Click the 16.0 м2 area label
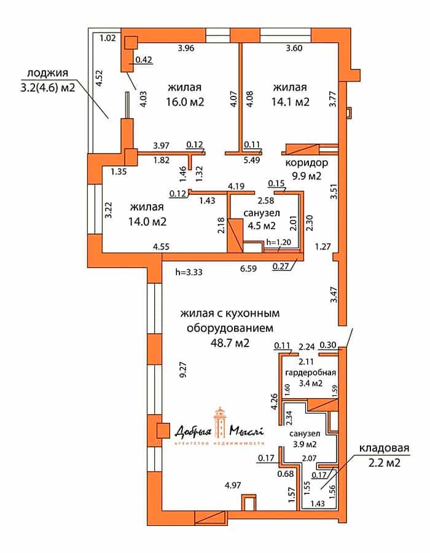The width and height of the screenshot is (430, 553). (x=186, y=102)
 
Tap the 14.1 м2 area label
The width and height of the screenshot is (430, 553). (x=291, y=102)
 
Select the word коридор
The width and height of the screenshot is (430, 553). (x=307, y=163)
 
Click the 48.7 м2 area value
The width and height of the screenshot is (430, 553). (x=230, y=342)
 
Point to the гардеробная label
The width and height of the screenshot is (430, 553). (x=310, y=372)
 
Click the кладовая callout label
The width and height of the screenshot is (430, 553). (x=384, y=448)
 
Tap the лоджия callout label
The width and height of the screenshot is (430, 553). (x=47, y=73)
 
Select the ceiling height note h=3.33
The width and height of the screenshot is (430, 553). (x=189, y=272)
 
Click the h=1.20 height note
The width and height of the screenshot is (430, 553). (x=279, y=242)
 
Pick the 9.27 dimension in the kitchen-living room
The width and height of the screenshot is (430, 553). (x=183, y=371)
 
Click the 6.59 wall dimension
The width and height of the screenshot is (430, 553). (x=249, y=269)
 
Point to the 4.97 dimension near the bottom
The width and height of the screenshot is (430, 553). (x=233, y=485)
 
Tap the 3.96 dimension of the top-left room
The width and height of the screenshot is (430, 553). (x=186, y=48)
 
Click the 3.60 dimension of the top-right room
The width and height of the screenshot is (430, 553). (x=294, y=48)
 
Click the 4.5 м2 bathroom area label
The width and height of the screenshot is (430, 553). (x=262, y=226)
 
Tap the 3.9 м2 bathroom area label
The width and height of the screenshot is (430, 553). (x=305, y=444)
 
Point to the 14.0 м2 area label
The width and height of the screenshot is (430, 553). (x=147, y=222)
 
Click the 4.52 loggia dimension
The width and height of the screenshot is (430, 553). (x=100, y=78)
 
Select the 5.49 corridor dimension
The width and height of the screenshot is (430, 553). (x=252, y=160)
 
